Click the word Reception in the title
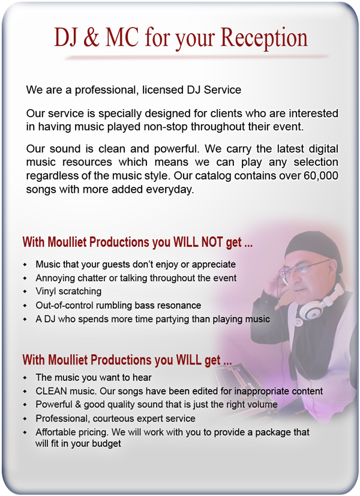(263, 38)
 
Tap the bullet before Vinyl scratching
(25, 292)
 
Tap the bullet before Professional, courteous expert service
(25, 419)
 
